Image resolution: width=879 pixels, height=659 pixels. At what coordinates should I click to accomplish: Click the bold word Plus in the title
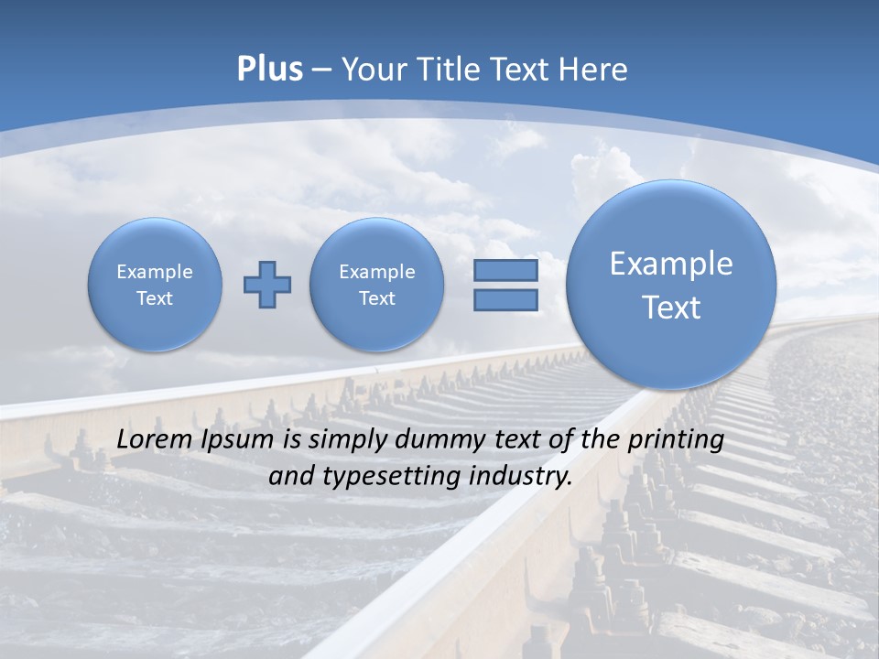pyautogui.click(x=269, y=70)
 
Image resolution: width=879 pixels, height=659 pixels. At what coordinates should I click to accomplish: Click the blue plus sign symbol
pyautogui.click(x=267, y=285)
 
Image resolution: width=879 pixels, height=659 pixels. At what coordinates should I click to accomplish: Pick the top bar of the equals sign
pyautogui.click(x=505, y=270)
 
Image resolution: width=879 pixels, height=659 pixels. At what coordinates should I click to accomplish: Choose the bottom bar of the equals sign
pyautogui.click(x=505, y=301)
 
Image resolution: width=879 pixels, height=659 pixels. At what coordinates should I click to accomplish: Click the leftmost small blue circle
pyautogui.click(x=155, y=285)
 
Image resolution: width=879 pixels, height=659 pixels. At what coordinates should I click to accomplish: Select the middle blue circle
pyautogui.click(x=376, y=285)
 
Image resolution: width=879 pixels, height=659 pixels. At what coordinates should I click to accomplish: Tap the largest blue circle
pyautogui.click(x=671, y=285)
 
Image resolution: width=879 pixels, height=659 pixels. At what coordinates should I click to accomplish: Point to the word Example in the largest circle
pyautogui.click(x=671, y=264)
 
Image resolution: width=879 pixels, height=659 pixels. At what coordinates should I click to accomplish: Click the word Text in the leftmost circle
pyautogui.click(x=155, y=298)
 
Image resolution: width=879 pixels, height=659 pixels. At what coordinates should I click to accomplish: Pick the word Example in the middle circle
pyautogui.click(x=376, y=272)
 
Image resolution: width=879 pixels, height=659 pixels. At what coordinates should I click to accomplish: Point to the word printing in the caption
pyautogui.click(x=676, y=440)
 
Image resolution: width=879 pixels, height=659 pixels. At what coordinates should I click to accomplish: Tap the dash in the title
pyautogui.click(x=321, y=70)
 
